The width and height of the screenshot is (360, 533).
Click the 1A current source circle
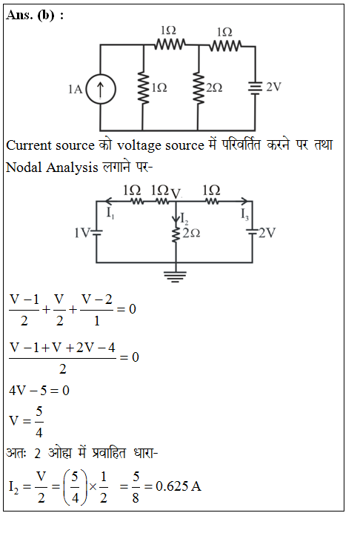[101, 89]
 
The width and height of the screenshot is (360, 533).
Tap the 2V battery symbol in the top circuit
[255, 87]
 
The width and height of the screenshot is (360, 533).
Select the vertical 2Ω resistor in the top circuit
[198, 87]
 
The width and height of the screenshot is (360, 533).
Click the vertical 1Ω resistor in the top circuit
[143, 87]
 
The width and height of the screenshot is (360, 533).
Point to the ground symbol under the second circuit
[176, 277]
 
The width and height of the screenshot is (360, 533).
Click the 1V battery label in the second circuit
[81, 234]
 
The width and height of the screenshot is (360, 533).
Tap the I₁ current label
[110, 213]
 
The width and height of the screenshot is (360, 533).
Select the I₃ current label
[244, 214]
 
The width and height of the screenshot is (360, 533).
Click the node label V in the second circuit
[176, 194]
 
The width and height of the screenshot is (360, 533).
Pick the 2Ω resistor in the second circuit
[176, 234]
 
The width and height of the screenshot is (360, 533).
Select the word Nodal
[24, 168]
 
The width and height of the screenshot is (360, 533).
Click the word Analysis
[72, 168]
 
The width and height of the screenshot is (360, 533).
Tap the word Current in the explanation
[29, 145]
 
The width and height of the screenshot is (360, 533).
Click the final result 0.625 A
[179, 486]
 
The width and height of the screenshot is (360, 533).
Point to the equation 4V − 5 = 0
[39, 391]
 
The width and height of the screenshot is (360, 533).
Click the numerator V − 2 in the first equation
[97, 299]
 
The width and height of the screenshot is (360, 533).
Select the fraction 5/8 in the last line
[136, 487]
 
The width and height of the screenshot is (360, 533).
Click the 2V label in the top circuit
[273, 87]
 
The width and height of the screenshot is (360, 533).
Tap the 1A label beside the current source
[75, 90]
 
